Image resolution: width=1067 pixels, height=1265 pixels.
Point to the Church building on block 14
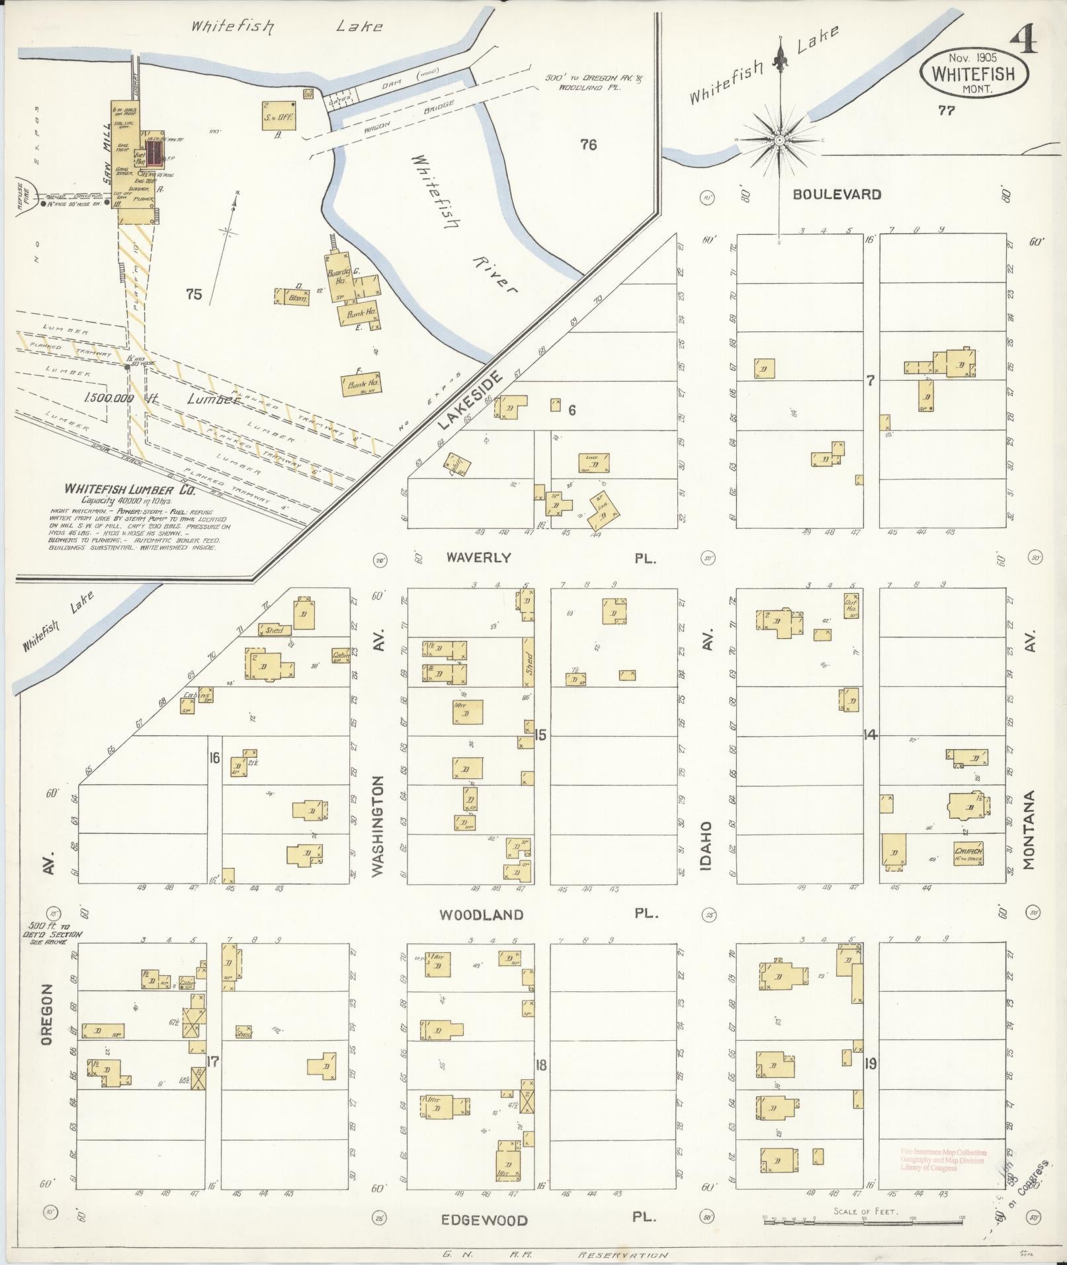[968, 852]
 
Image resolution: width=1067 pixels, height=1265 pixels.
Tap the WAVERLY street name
[478, 557]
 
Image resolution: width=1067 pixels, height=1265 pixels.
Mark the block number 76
[588, 144]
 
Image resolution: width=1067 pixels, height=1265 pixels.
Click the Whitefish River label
[463, 225]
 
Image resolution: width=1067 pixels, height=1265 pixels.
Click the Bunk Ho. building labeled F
[361, 385]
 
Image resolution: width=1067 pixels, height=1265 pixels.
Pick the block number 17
[212, 1062]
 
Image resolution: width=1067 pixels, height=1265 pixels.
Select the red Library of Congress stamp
[942, 1160]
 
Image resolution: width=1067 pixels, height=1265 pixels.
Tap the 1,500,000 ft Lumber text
[161, 399]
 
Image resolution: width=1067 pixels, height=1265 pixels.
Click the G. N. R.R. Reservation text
[555, 1254]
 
